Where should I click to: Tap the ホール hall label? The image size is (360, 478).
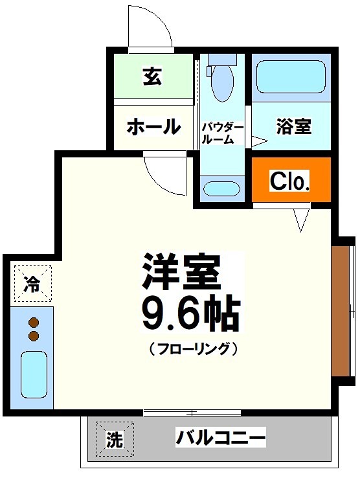(153, 126)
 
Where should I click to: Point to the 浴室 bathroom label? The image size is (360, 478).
(293, 127)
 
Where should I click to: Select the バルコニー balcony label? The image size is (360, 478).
(221, 438)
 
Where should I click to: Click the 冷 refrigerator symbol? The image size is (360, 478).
(32, 283)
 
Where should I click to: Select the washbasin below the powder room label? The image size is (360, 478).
(222, 188)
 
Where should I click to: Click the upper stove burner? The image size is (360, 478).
(34, 323)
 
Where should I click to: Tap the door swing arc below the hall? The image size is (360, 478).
(163, 170)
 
